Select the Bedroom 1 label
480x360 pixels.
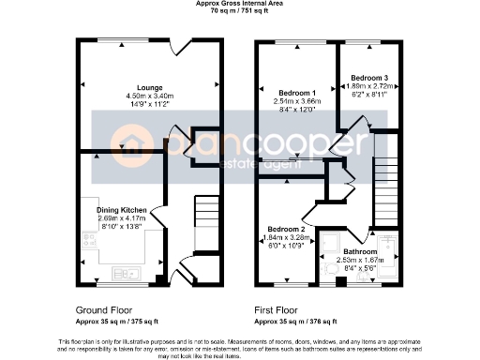(294, 93)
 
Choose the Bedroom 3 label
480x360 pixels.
(369, 78)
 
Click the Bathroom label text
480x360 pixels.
(361, 250)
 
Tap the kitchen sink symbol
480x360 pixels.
(124, 273)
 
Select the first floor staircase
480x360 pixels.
(386, 187)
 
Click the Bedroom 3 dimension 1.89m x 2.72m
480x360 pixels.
(369, 86)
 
